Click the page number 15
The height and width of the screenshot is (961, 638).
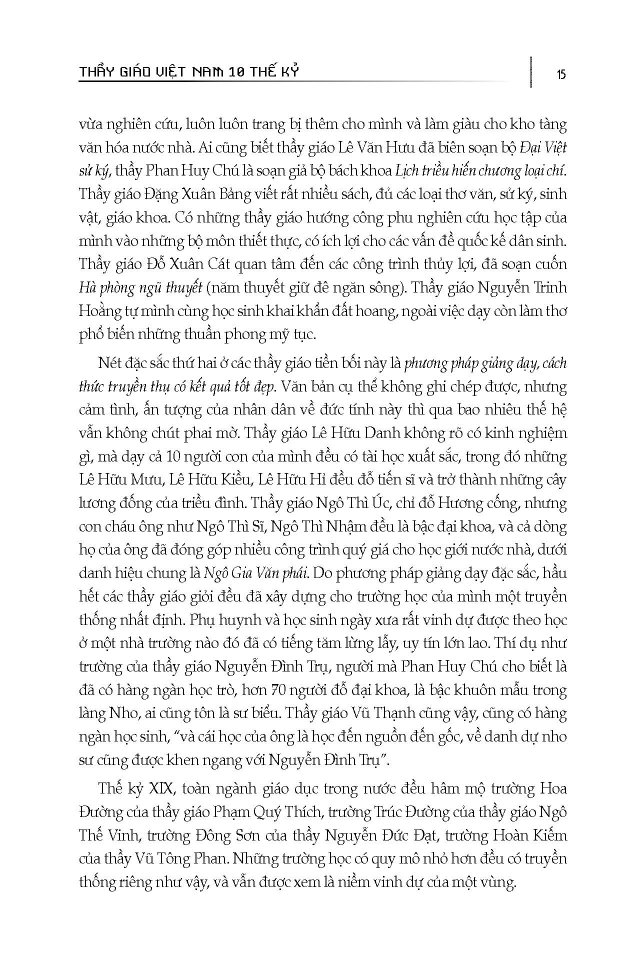560,74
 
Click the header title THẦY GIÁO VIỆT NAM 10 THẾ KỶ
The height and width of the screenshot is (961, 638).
188,72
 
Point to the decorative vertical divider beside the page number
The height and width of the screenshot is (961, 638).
530,72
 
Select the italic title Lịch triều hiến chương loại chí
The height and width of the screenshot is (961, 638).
481,170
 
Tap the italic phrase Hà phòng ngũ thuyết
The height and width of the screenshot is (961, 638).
140,288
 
